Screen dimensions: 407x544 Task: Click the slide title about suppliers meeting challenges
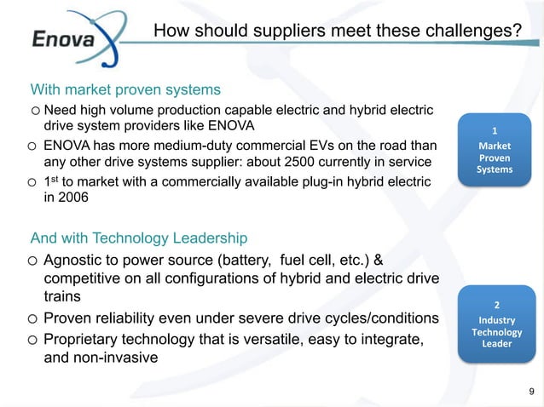[337, 32]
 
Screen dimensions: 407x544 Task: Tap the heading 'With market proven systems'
[126, 89]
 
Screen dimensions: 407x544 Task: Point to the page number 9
[532, 392]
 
